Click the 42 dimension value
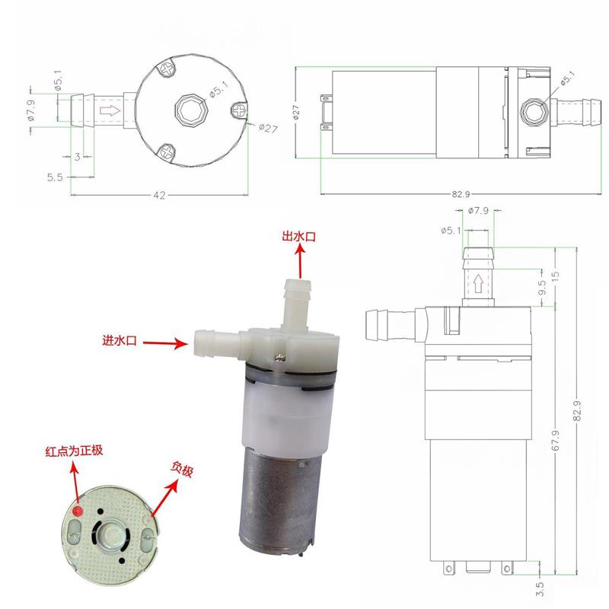click(159, 195)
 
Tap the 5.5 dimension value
click(55, 177)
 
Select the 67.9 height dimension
click(556, 441)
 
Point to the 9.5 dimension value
click(543, 288)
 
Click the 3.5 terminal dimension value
click(540, 588)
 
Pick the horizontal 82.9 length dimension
click(461, 194)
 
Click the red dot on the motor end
click(78, 511)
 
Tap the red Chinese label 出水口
click(298, 237)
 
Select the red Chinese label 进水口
click(120, 340)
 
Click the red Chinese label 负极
click(182, 470)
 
